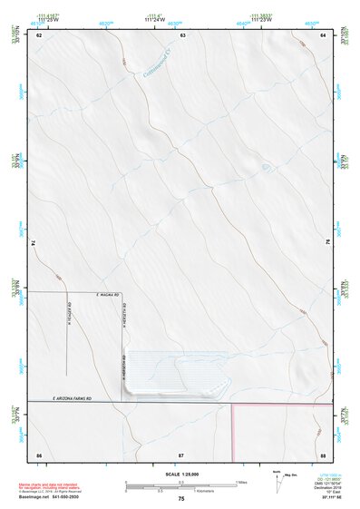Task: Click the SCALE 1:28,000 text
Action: coord(180,475)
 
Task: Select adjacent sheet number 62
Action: coord(39,34)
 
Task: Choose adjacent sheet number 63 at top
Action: coord(182,34)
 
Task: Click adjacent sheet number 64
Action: coord(323,34)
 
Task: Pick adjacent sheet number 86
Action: coord(39,453)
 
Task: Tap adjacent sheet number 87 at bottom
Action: coord(181,453)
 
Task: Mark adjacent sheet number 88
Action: coord(323,453)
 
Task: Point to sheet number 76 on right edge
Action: coord(327,242)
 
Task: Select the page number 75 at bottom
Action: coord(181,500)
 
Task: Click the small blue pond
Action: coord(265,167)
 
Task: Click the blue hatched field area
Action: coord(177,372)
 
